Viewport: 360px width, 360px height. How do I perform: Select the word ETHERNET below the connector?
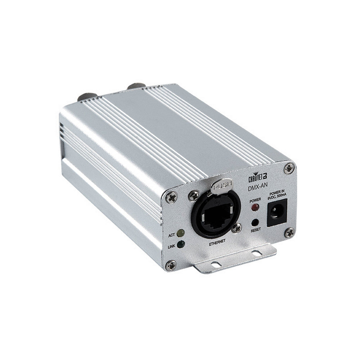[x=217, y=242]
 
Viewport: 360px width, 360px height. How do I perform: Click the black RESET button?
[x=255, y=222]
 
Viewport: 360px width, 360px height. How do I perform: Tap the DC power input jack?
[x=277, y=213]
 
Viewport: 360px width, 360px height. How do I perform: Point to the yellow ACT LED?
[x=181, y=233]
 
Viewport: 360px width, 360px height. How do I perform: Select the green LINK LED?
[x=181, y=244]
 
